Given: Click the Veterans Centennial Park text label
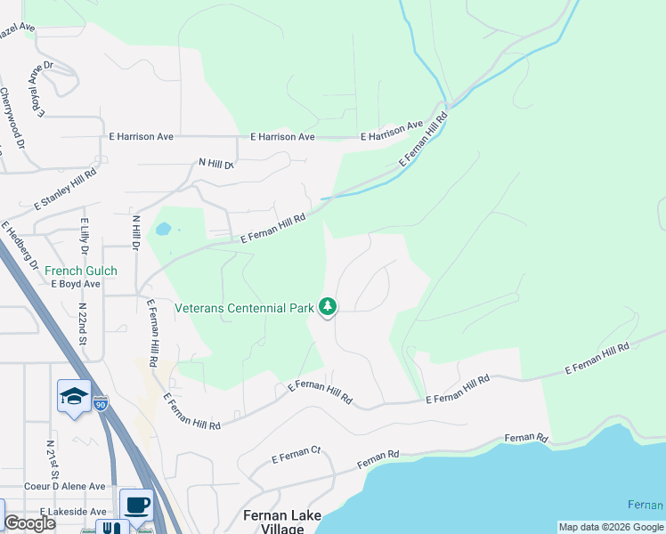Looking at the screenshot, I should (244, 309).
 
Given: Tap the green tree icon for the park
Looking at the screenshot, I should (329, 307).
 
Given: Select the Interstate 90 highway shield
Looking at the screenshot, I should (101, 402).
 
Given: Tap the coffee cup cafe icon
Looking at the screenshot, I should (136, 506).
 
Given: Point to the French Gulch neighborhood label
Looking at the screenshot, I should (76, 271).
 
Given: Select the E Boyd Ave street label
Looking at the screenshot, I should (76, 284).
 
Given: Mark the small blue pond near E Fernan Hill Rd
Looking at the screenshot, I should (162, 229).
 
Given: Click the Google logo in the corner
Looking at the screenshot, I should (29, 523).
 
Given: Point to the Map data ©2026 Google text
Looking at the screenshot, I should (611, 527).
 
